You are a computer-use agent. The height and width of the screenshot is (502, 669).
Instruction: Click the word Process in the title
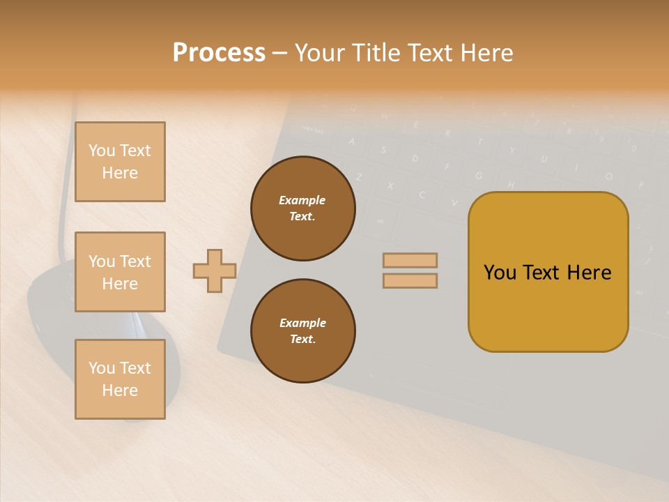(x=219, y=53)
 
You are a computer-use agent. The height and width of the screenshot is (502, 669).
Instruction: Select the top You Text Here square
(x=120, y=162)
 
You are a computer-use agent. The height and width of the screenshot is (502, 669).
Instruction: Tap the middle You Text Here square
(x=120, y=272)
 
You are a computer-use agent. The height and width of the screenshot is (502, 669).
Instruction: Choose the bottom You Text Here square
(x=120, y=379)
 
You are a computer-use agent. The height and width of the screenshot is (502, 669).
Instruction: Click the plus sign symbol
(x=215, y=271)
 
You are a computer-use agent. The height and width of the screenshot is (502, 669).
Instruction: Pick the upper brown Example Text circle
(x=303, y=208)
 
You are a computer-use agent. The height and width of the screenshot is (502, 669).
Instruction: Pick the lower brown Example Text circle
(x=303, y=331)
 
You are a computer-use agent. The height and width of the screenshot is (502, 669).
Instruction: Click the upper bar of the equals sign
(x=410, y=260)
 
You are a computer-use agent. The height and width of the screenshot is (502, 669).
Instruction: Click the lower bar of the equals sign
(x=410, y=280)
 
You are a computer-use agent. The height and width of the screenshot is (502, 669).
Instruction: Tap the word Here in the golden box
(x=589, y=273)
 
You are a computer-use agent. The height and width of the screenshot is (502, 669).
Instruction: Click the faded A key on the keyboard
(x=351, y=142)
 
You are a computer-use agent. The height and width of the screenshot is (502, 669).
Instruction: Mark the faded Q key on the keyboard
(x=353, y=108)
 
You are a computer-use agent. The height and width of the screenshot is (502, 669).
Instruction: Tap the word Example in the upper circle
(x=302, y=200)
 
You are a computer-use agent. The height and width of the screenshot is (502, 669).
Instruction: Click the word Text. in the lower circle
(x=302, y=340)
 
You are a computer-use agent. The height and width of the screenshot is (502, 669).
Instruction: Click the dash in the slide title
(x=279, y=53)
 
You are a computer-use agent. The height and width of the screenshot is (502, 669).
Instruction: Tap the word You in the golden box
(x=500, y=273)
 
